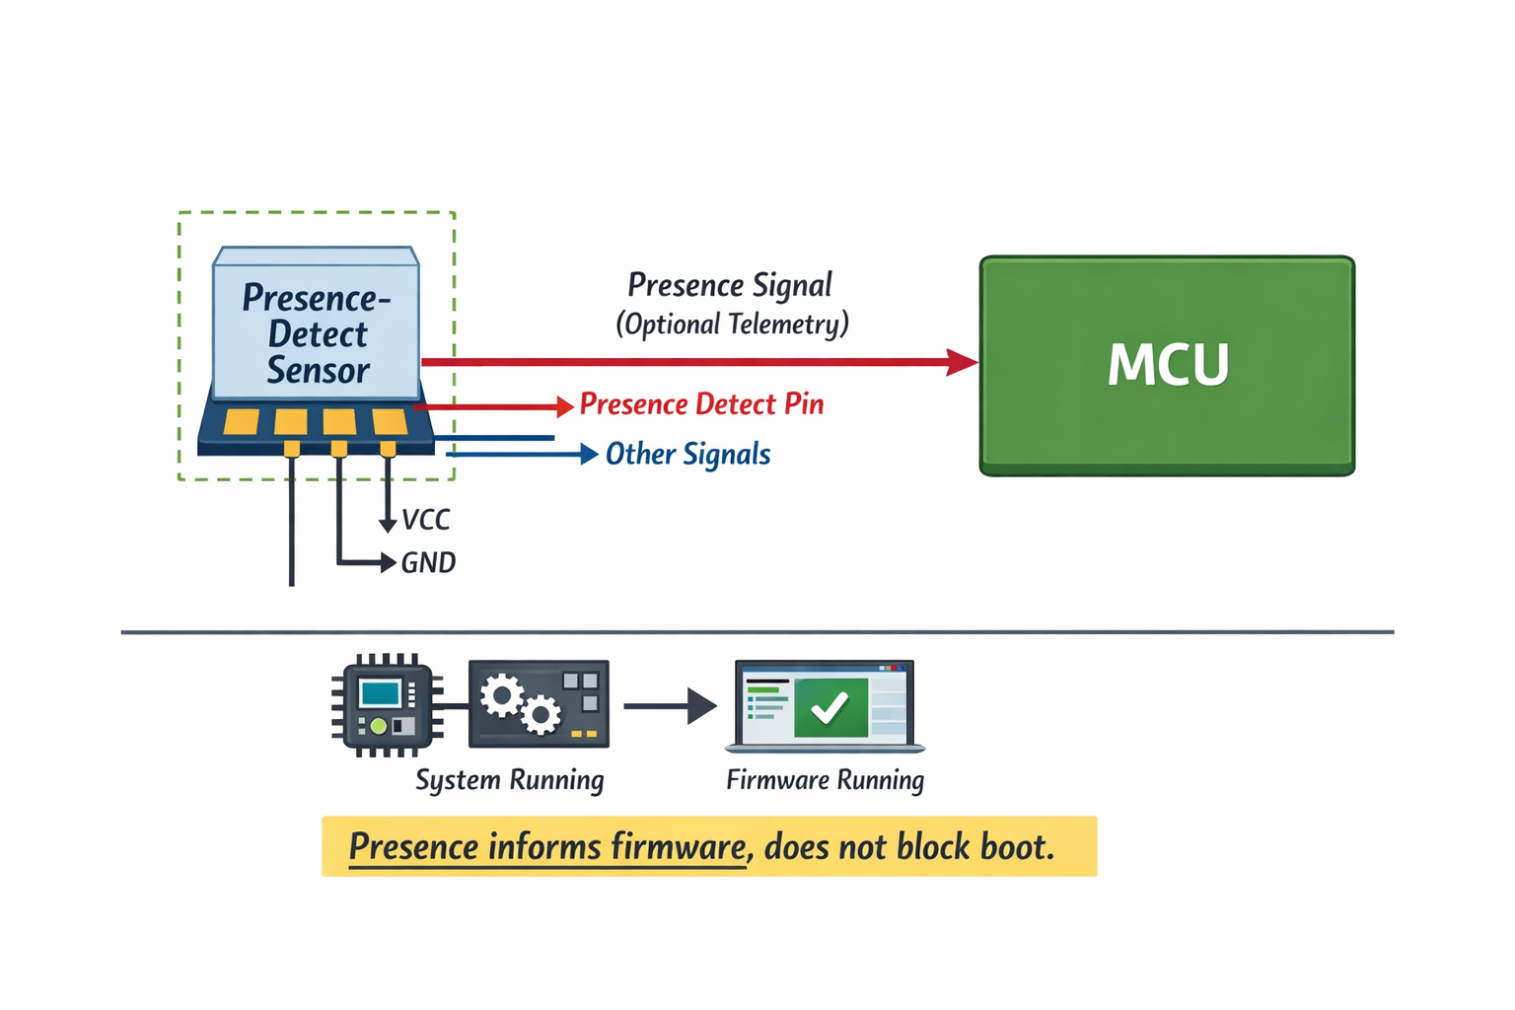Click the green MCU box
1167,365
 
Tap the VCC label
426,520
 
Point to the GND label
428,563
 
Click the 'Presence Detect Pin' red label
701,404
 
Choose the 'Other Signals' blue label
687,455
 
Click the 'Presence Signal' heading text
730,286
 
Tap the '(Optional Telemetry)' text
732,325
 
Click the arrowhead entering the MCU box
962,362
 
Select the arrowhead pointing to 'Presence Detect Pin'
565,406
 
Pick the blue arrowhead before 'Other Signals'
589,454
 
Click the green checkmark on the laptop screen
830,707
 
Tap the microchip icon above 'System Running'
386,705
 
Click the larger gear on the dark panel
502,696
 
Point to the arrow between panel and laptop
671,706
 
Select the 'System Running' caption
509,780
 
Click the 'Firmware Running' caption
826,780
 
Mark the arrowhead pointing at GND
389,562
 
